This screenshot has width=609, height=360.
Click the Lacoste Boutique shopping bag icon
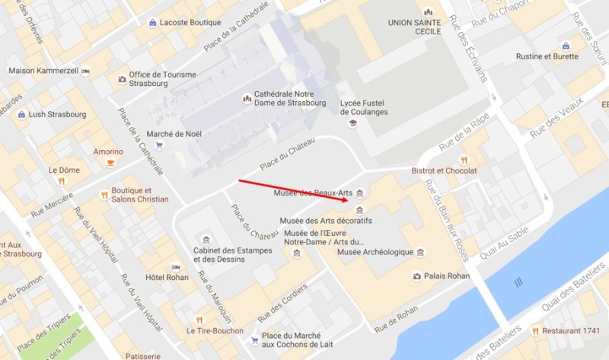pyautogui.click(x=152, y=23)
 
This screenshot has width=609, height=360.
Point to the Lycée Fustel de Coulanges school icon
pyautogui.click(x=352, y=123)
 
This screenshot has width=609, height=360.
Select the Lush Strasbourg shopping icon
pyautogui.click(x=22, y=114)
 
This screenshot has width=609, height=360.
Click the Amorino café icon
pyautogui.click(x=111, y=162)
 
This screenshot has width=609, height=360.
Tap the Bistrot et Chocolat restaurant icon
pyautogui.click(x=463, y=160)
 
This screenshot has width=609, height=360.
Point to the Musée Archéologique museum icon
pyautogui.click(x=421, y=252)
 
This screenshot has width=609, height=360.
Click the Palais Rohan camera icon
pyautogui.click(x=416, y=276)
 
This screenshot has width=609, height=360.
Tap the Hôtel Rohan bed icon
pyautogui.click(x=177, y=267)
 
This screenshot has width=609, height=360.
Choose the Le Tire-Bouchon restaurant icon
pyautogui.click(x=199, y=320)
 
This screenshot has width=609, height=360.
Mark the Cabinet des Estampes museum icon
pyautogui.click(x=202, y=241)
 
